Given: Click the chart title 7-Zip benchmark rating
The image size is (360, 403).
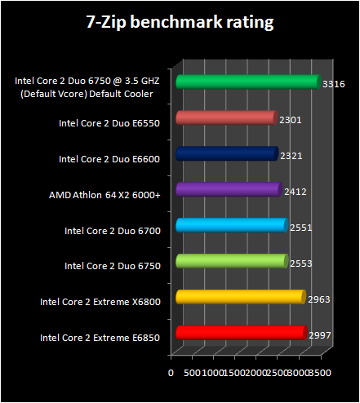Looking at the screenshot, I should pyautogui.click(x=180, y=22).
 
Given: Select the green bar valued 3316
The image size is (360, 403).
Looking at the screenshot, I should pyautogui.click(x=245, y=82).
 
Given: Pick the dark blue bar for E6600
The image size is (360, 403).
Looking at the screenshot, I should pyautogui.click(x=227, y=153).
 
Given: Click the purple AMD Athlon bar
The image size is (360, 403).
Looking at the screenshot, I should pyautogui.click(x=228, y=189).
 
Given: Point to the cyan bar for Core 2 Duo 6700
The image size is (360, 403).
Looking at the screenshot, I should pyautogui.click(x=231, y=225).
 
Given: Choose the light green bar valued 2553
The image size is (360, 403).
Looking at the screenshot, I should pyautogui.click(x=231, y=261).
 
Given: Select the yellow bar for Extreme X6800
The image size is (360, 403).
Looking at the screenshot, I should pyautogui.click(x=239, y=297).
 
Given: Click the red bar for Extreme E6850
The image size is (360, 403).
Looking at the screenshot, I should pyautogui.click(x=240, y=333).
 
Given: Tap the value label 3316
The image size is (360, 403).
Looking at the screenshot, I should pyautogui.click(x=333, y=83).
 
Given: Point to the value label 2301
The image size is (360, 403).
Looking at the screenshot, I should pyautogui.click(x=291, y=119).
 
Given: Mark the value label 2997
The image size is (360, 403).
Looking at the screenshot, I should pyautogui.click(x=320, y=335).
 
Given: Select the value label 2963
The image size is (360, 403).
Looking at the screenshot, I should pyautogui.click(x=319, y=300).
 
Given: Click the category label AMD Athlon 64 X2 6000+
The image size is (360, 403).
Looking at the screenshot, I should pyautogui.click(x=104, y=195).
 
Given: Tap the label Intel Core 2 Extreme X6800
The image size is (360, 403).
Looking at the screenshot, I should pyautogui.click(x=100, y=302).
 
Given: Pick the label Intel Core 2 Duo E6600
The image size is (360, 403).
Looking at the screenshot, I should pyautogui.click(x=109, y=159).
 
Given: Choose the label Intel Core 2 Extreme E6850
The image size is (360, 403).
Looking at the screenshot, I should pyautogui.click(x=100, y=337).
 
